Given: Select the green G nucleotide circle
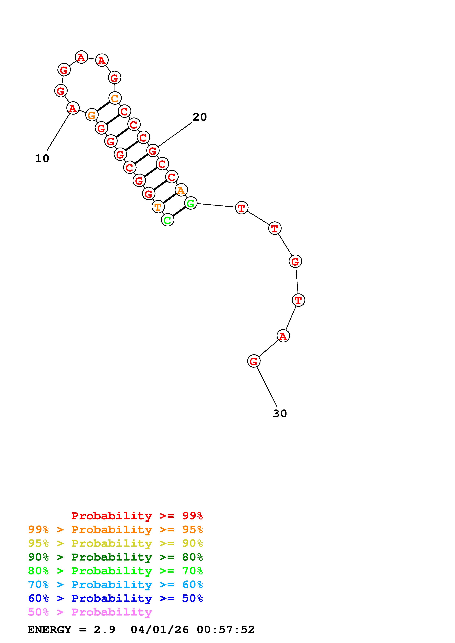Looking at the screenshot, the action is [x=191, y=203].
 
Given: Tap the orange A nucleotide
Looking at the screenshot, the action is [x=181, y=190].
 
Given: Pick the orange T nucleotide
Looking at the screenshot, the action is [x=158, y=207].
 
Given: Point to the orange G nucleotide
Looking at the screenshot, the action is [x=92, y=115].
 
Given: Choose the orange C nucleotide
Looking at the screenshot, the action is [x=115, y=98].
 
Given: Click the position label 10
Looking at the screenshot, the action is [x=42, y=159].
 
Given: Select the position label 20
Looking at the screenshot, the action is [x=200, y=117].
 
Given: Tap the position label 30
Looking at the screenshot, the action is [x=280, y=414].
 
